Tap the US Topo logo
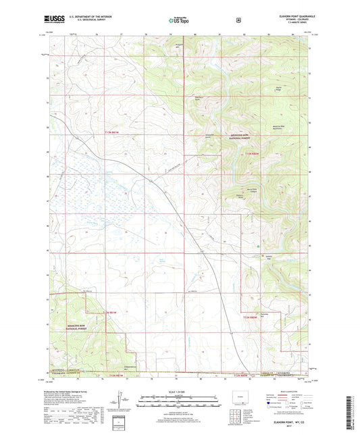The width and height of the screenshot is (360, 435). [179, 21]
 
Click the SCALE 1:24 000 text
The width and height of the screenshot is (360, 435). [179, 394]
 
